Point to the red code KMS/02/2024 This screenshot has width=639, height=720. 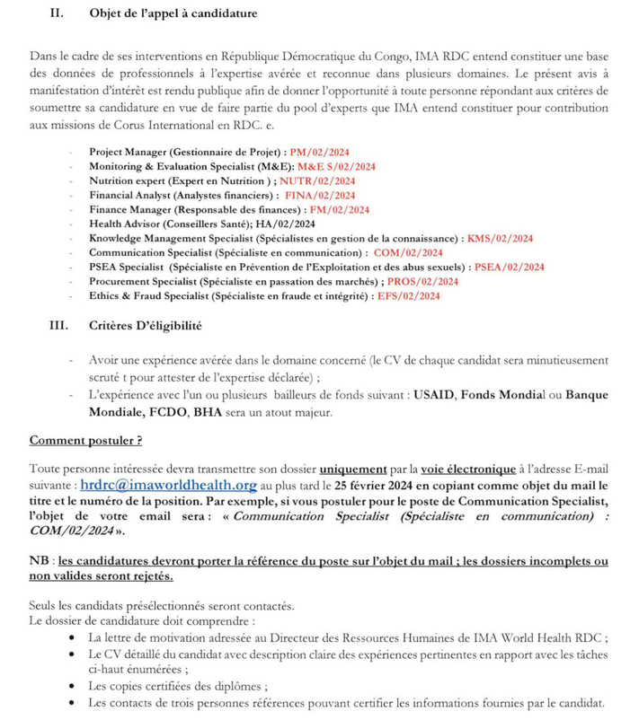point(501,238)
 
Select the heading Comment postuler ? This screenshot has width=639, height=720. point(86,441)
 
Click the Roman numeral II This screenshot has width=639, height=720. point(53,13)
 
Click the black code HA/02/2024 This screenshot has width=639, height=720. point(281,224)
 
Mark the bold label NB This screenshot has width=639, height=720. point(40,560)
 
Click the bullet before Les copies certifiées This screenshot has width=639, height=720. point(72,685)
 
